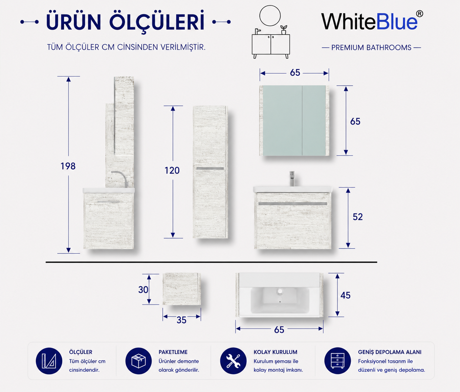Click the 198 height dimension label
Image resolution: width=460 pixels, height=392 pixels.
point(68,166)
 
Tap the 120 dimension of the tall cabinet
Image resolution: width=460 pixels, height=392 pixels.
point(172,171)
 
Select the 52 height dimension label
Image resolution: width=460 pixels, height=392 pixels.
point(358,217)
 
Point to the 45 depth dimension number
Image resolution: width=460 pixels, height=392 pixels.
point(345,296)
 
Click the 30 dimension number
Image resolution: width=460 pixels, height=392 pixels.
point(143,290)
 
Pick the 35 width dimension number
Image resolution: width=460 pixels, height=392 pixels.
point(181,320)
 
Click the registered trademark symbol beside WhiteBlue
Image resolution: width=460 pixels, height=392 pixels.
point(419,14)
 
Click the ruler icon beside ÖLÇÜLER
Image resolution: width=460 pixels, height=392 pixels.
point(49,361)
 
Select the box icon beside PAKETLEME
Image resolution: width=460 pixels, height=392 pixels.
point(138,361)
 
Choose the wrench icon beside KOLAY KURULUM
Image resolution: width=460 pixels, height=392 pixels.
point(233,361)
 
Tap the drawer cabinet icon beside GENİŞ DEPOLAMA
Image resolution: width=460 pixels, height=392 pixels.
point(337,361)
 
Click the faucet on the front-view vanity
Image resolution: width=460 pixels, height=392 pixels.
point(292,178)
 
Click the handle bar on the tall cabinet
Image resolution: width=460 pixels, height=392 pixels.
point(210,169)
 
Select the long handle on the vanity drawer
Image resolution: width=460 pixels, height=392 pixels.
point(293,203)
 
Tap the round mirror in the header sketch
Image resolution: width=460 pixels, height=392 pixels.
point(270,16)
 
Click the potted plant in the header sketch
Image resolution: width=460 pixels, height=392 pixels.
point(284,30)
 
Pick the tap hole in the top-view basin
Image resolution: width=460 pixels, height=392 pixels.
point(280,291)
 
